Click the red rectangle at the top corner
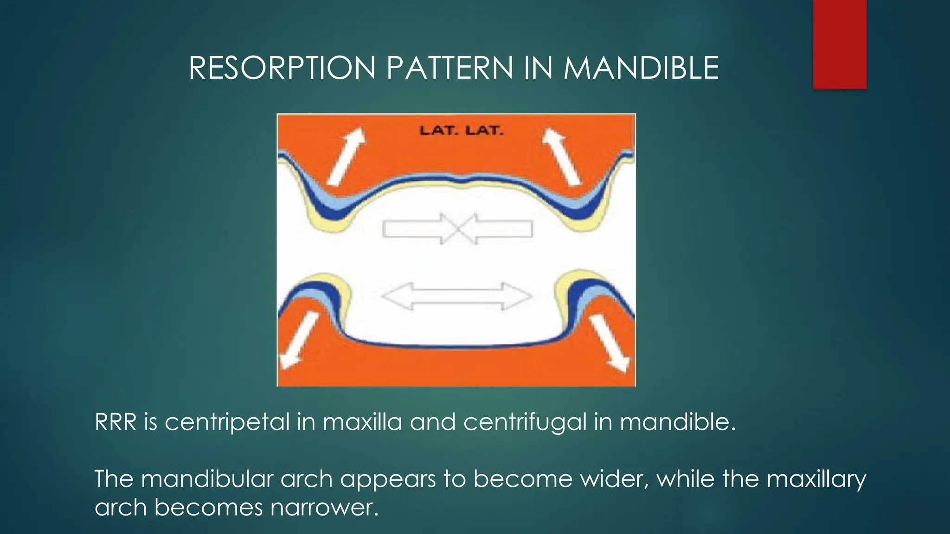click(840, 44)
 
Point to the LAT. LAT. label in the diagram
click(461, 131)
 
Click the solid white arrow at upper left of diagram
click(346, 156)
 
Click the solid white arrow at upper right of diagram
click(562, 157)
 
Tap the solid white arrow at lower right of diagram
click(610, 343)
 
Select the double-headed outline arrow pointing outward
click(456, 296)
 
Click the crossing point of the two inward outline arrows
click(458, 229)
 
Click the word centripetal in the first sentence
click(227, 422)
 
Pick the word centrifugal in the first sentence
click(525, 422)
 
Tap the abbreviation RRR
click(116, 422)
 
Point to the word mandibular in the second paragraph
click(207, 478)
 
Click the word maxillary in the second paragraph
click(816, 479)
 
